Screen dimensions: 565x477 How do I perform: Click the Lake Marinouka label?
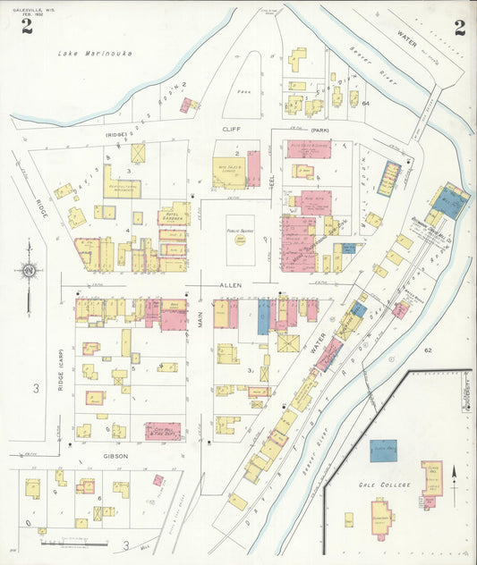tap(95, 54)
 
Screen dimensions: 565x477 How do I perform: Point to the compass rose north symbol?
tap(28, 270)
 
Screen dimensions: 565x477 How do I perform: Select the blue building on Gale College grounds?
tap(384, 450)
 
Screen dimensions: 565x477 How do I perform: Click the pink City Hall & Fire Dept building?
tap(163, 431)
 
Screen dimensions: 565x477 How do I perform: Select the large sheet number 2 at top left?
tap(27, 28)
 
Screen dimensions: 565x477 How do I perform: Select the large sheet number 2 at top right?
tap(459, 28)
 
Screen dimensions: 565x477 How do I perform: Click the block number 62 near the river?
tap(428, 350)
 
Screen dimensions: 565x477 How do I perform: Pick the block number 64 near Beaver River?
tap(366, 104)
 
